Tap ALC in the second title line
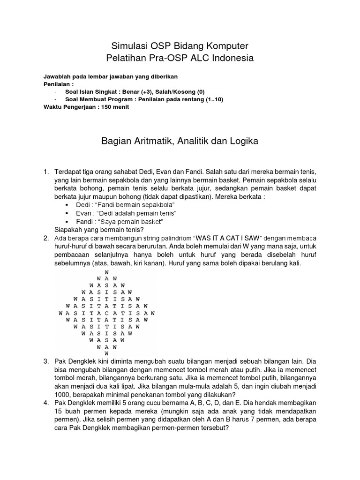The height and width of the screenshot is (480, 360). tap(208, 58)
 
